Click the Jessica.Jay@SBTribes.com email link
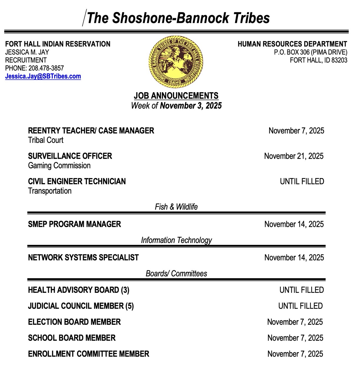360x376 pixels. click(43, 76)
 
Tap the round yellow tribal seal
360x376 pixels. click(176, 61)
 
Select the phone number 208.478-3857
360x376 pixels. click(46, 68)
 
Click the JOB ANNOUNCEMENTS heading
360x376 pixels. click(176, 96)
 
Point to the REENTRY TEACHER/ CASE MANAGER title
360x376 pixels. click(91, 131)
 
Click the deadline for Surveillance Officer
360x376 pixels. click(294, 156)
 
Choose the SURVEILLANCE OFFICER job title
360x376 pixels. click(70, 156)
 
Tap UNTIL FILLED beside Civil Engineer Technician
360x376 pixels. click(302, 181)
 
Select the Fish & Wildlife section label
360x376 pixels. click(176, 207)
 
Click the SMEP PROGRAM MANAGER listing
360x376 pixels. click(74, 224)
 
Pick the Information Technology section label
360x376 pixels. click(176, 240)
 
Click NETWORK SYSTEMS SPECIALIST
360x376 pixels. click(83, 258)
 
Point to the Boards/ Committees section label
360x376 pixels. click(176, 274)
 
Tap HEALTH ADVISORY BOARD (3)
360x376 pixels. click(79, 290)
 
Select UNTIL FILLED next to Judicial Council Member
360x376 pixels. click(300, 306)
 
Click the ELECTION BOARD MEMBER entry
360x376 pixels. click(74, 322)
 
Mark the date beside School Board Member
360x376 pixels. click(295, 338)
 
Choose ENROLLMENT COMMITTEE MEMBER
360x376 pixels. click(89, 354)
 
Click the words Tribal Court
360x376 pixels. click(46, 140)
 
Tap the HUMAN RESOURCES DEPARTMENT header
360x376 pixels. click(292, 44)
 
